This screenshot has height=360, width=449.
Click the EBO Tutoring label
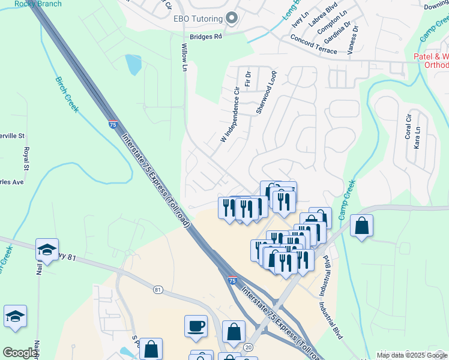coord(197,19)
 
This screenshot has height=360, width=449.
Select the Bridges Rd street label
coord(206,37)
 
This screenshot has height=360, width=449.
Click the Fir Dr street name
coord(247,76)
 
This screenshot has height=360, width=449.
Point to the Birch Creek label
coord(67,94)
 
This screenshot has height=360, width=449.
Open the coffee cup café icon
coord(196,326)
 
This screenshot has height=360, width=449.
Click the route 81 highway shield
coord(158,289)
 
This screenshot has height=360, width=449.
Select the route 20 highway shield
coord(249,347)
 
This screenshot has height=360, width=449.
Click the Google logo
coord(19,353)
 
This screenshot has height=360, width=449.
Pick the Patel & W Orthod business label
coord(432,61)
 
